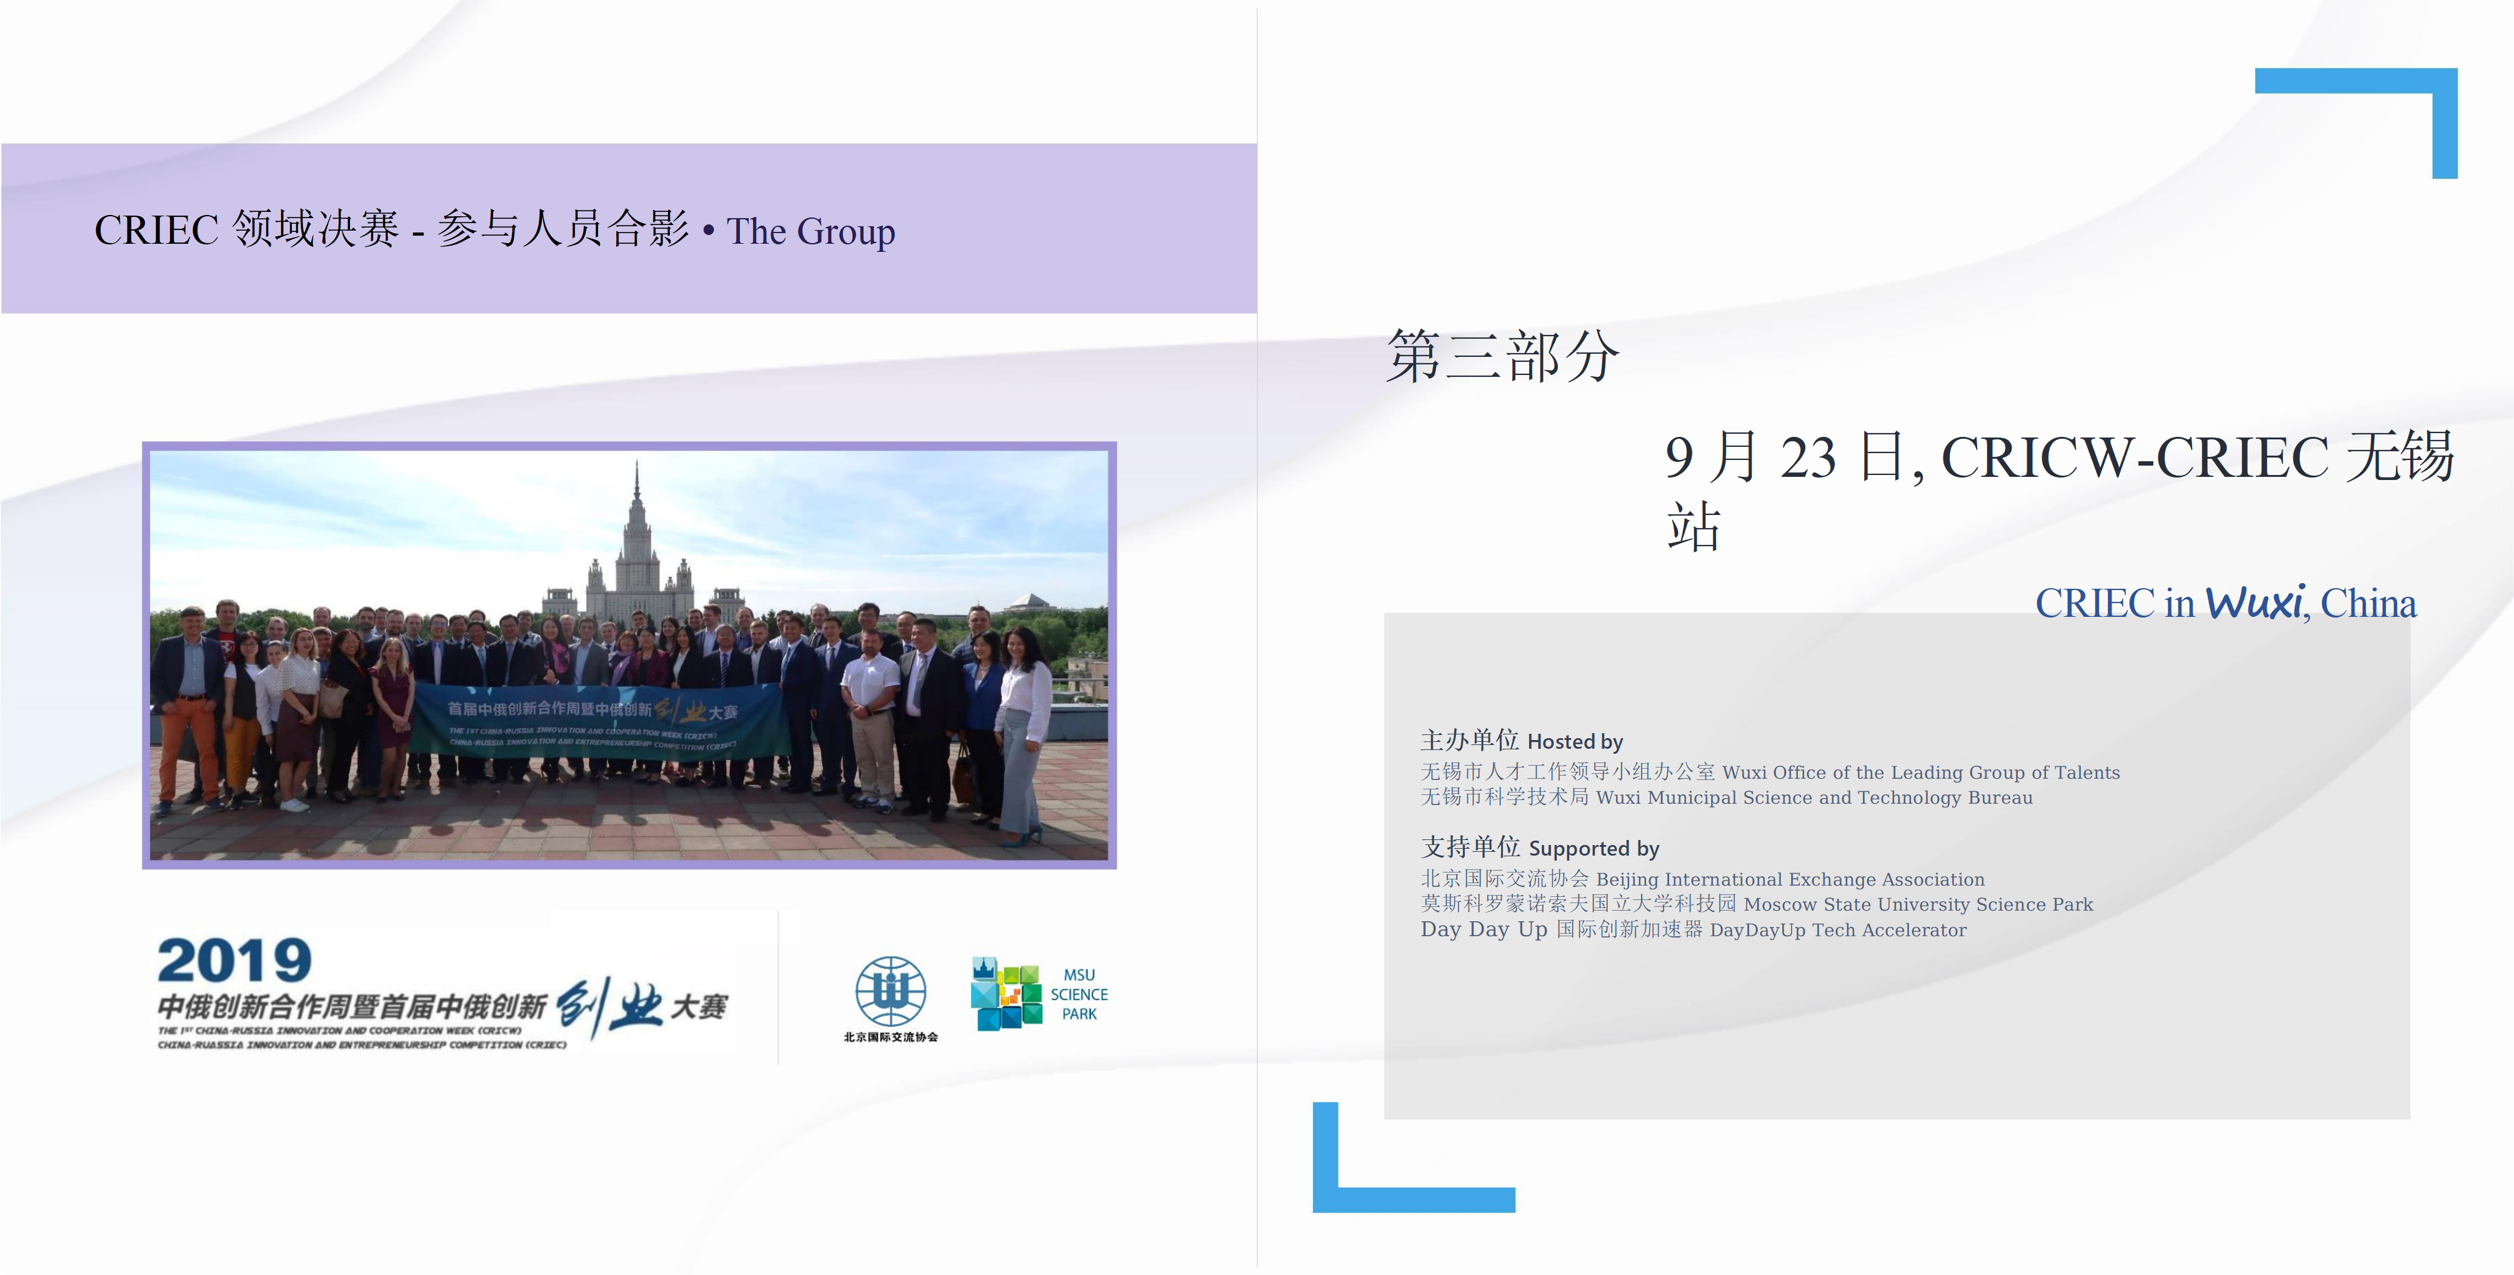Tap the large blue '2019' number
pos(234,962)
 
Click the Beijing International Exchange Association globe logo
pos(890,991)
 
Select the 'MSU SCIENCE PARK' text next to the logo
pos(1079,994)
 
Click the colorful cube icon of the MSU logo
pos(1006,994)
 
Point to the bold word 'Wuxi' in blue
pos(2255,603)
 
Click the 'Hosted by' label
pos(1574,742)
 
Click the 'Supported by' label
pos(1593,848)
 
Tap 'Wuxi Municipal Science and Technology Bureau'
pos(1813,797)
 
